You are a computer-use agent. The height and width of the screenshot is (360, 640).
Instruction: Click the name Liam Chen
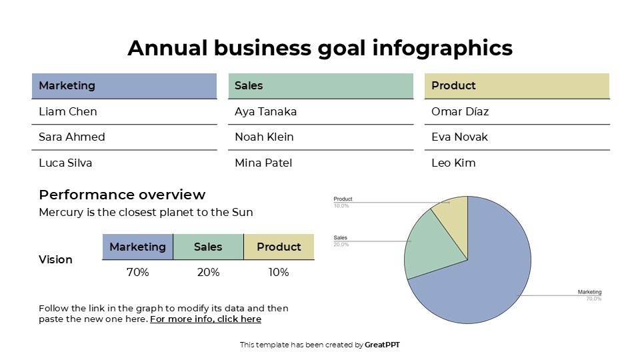(x=67, y=111)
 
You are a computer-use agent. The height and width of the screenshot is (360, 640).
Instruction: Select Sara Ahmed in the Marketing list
(x=72, y=137)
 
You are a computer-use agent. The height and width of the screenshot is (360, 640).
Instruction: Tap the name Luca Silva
(x=65, y=163)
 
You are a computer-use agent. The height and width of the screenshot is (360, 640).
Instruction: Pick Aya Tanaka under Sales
(x=265, y=111)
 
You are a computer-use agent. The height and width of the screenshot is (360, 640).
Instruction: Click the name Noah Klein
(x=264, y=137)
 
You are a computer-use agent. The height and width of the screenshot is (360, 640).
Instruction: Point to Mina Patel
(x=263, y=163)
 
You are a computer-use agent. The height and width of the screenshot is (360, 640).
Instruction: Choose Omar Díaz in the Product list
(x=460, y=111)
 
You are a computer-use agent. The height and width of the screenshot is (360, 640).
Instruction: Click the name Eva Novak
(x=459, y=137)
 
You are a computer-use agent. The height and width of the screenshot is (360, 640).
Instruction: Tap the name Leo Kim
(x=453, y=163)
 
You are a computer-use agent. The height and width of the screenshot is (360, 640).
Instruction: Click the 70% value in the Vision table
(x=137, y=272)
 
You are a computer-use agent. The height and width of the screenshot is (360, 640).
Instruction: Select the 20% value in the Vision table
(x=208, y=272)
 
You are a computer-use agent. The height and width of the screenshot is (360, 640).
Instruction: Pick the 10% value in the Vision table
(x=279, y=272)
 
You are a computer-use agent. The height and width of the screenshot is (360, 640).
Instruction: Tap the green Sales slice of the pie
(x=433, y=247)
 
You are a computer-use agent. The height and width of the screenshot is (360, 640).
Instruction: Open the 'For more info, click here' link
(x=205, y=319)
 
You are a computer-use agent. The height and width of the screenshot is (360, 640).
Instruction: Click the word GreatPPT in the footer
(x=382, y=345)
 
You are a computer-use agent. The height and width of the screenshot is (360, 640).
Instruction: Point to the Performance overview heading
(x=122, y=195)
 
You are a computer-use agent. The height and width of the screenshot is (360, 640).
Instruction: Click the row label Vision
(x=55, y=259)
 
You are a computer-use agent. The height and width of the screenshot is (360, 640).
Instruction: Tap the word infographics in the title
(x=443, y=48)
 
